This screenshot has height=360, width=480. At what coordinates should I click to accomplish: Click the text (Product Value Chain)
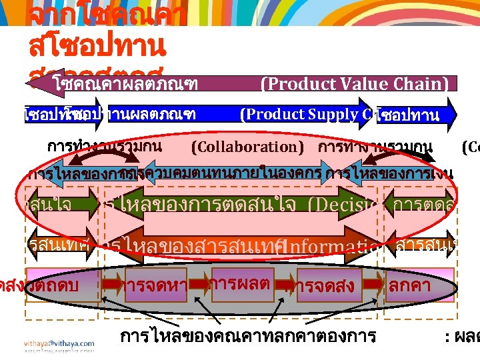click(353, 84)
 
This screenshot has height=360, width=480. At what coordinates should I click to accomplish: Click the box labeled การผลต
click(240, 283)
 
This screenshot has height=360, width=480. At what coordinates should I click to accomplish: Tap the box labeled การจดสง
click(325, 288)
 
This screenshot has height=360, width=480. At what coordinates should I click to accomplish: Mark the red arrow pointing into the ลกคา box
click(375, 285)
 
